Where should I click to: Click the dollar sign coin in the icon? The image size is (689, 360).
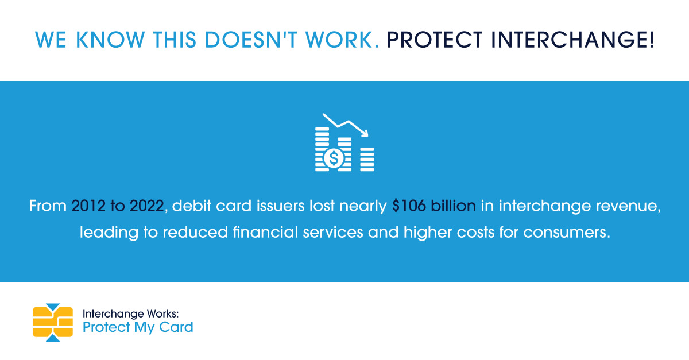[x=334, y=157]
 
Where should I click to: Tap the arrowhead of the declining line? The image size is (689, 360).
[x=365, y=133]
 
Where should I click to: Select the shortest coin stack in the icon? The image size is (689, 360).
[x=366, y=159]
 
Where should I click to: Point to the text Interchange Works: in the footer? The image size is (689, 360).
[x=131, y=314]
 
